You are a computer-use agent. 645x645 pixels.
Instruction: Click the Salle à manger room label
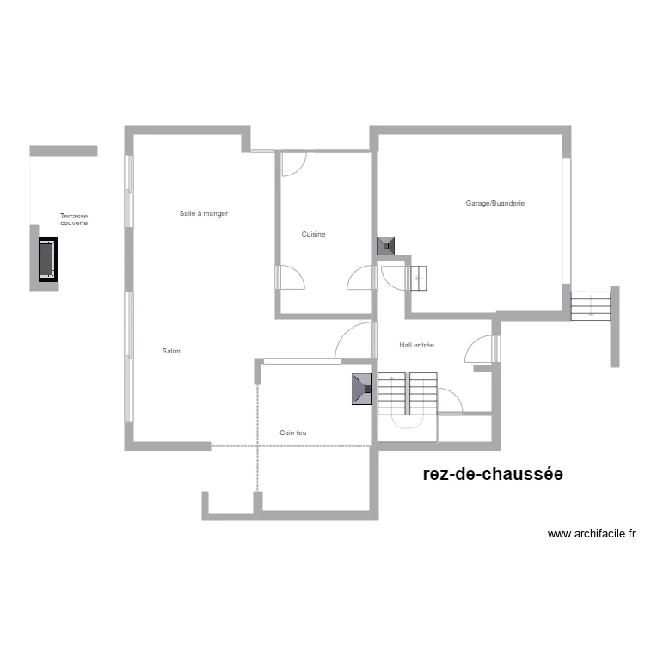pos(203,213)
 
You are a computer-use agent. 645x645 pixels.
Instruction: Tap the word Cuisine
pos(313,234)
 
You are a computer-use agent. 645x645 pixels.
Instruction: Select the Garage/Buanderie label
pos(494,203)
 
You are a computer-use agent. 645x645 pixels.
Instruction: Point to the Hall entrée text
pos(416,345)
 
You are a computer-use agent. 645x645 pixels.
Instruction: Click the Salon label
pos(171,351)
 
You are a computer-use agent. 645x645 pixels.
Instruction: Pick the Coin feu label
pos(292,433)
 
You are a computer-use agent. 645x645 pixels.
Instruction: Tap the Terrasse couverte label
pos(74,220)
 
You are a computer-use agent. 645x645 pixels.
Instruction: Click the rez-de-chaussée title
pos(493,474)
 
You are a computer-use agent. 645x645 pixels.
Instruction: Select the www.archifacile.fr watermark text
pos(591,534)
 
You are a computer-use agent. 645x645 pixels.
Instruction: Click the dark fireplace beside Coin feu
pos(361,389)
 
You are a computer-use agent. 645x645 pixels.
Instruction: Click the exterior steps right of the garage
pos(590,305)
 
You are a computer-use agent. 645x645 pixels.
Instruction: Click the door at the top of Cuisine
pos(294,163)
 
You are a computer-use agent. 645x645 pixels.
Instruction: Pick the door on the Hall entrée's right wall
pos(480,348)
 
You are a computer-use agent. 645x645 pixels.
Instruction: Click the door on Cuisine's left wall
pos(290,278)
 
